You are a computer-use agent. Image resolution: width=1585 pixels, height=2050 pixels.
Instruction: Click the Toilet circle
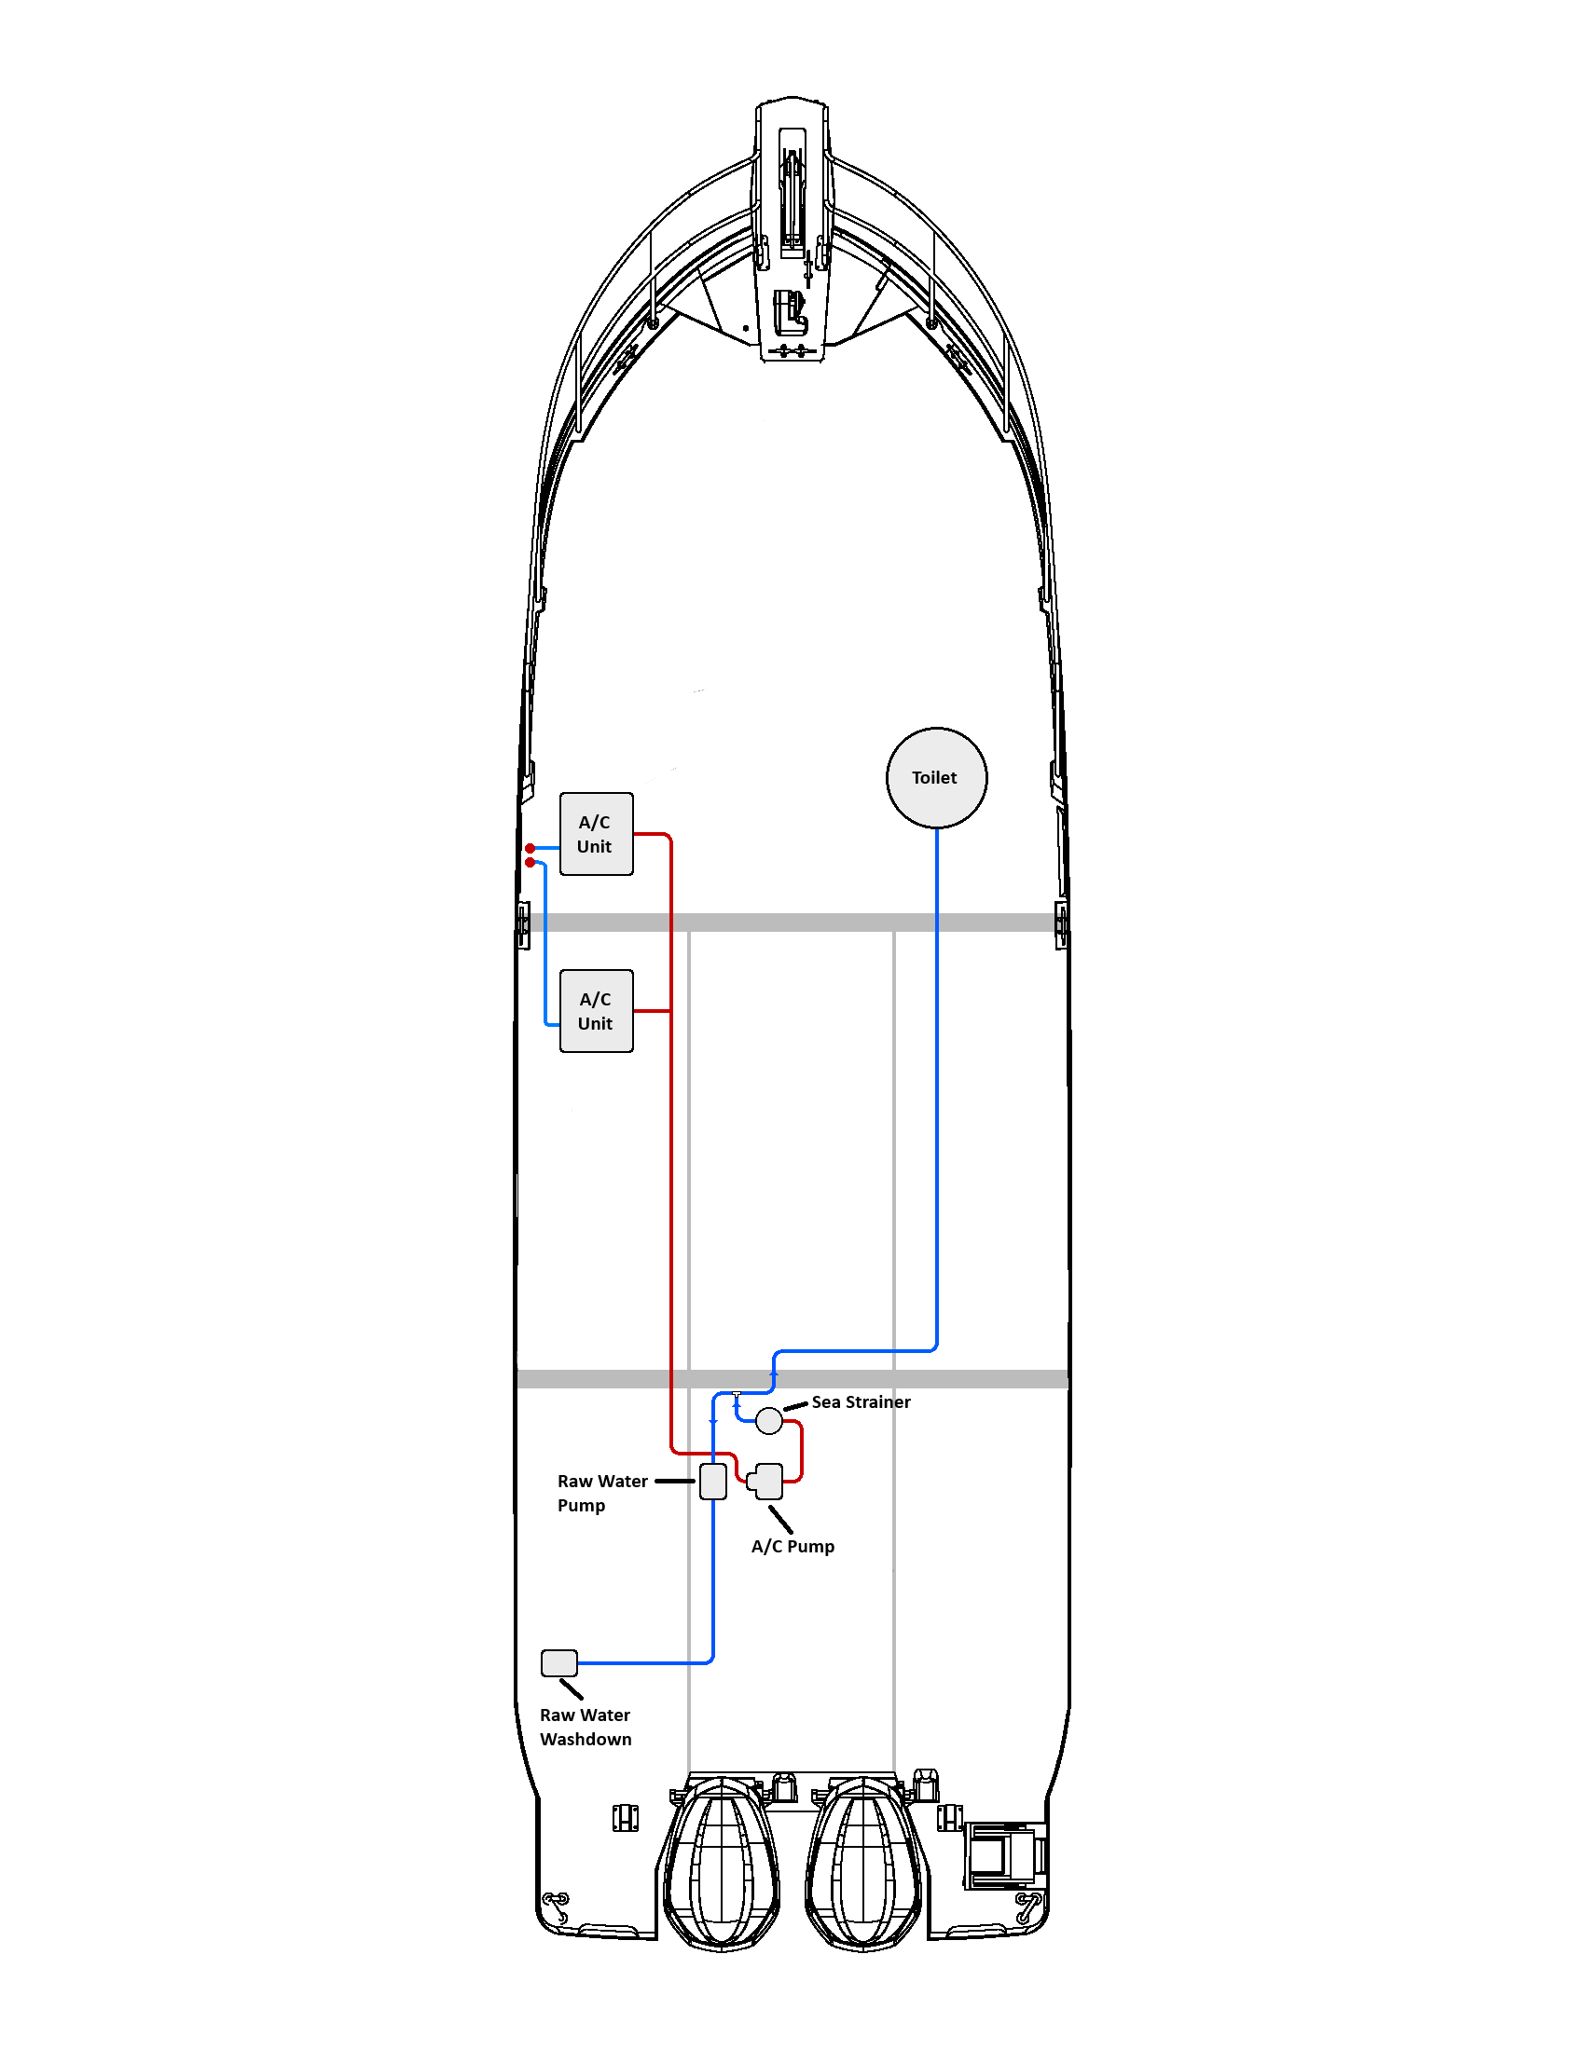pos(936,777)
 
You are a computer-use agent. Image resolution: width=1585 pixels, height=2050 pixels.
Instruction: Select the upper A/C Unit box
pos(597,834)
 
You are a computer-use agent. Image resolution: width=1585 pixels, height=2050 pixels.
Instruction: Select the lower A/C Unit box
pos(597,1011)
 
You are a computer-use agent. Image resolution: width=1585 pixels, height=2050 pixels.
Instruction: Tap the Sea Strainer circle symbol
pos(769,1421)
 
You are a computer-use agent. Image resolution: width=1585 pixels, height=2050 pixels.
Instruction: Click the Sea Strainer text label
pos(861,1401)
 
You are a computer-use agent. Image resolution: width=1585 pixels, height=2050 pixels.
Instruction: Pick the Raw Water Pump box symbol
pos(713,1482)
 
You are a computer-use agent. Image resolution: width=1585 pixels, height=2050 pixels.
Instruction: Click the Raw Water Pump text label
pos(602,1493)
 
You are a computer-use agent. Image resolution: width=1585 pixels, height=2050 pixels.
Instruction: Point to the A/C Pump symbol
pos(766,1482)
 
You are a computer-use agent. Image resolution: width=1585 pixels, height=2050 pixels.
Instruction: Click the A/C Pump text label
pos(792,1546)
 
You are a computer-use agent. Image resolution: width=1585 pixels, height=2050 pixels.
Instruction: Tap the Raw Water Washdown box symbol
pos(559,1662)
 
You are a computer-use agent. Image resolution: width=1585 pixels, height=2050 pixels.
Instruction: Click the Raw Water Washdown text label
pos(585,1726)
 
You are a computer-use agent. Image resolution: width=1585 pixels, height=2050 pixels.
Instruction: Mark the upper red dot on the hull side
pos(531,849)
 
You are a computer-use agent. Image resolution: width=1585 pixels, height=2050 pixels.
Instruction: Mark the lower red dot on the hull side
pos(531,863)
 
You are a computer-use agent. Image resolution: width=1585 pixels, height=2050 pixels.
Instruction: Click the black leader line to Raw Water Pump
pos(675,1482)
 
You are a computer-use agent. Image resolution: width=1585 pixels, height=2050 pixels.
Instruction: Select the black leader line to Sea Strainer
pos(796,1406)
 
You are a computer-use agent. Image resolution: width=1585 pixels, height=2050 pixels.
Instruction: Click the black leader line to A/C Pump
pos(780,1520)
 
